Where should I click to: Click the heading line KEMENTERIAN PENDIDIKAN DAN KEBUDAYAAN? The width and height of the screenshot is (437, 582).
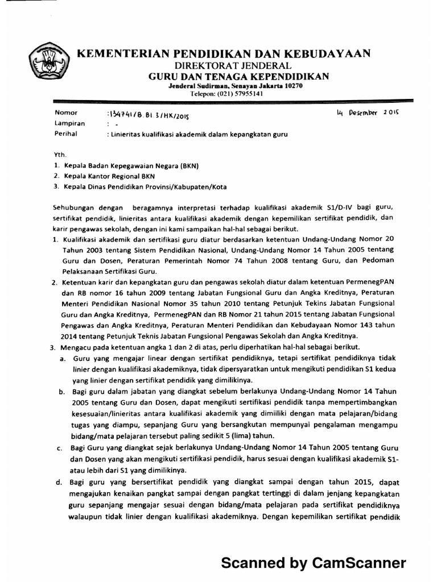pos(224,53)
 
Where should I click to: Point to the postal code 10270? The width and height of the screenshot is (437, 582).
pos(292,85)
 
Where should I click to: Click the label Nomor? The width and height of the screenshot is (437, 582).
pos(65,113)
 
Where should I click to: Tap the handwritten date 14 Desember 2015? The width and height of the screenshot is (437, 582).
pos(368,114)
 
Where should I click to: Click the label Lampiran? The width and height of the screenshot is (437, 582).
pos(69,123)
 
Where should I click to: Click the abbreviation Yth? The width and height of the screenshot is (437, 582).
pos(60,153)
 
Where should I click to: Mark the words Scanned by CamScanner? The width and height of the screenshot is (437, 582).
pos(314,563)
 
